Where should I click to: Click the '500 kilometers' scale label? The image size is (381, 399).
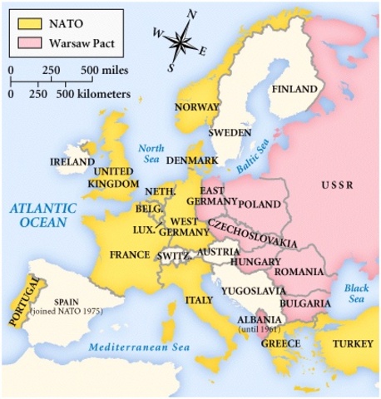pos(92,94)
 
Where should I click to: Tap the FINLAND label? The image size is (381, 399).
pos(295,89)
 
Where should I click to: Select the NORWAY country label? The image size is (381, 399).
pos(196,107)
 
